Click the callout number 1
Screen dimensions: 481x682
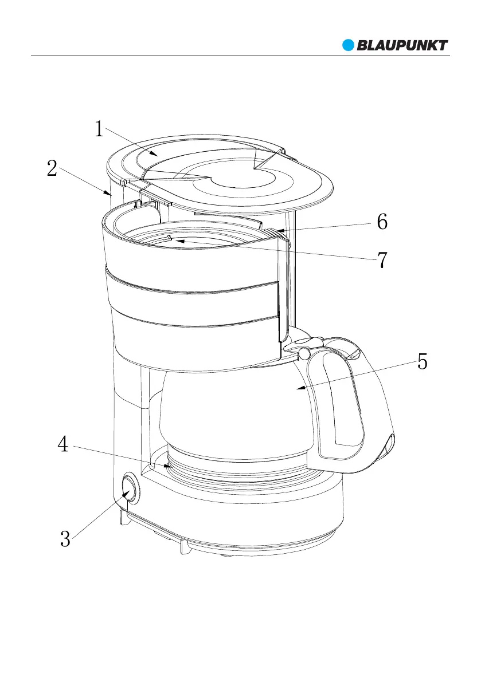[99, 129]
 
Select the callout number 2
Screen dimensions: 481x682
[52, 169]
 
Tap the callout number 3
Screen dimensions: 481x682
[65, 539]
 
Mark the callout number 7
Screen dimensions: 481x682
[382, 261]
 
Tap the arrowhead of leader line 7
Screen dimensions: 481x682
[178, 242]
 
